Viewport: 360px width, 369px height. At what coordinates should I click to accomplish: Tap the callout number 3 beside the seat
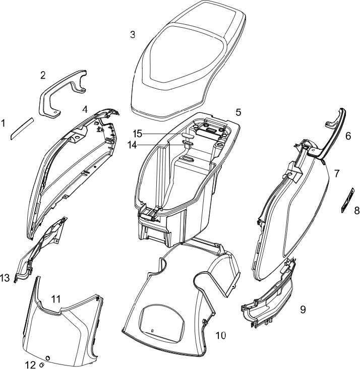(132, 35)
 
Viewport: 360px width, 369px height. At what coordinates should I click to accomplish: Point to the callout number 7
(336, 173)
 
